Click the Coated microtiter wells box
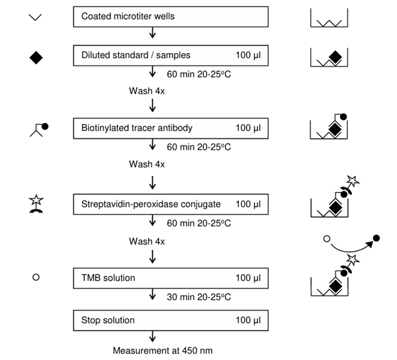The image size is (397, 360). (x=171, y=17)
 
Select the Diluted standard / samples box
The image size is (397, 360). (x=171, y=56)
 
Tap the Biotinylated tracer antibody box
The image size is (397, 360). (x=171, y=126)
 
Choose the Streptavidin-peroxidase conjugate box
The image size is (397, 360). (x=171, y=204)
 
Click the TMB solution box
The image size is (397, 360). (x=171, y=277)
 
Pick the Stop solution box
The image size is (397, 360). (x=171, y=321)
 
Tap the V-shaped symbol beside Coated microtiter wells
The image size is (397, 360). (x=36, y=17)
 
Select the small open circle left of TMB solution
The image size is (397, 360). (x=36, y=278)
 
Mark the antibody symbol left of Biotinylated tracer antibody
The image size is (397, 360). (x=38, y=128)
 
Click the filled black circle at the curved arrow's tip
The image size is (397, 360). (x=376, y=237)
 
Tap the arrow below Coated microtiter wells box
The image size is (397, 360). (x=154, y=33)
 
